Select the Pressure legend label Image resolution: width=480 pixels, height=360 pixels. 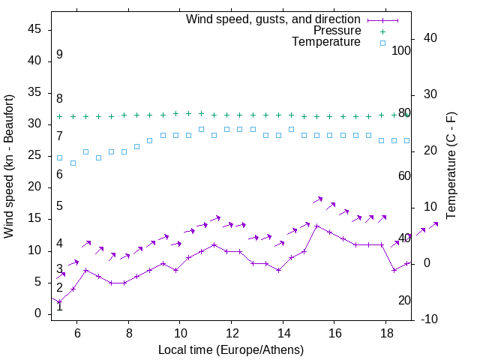(337, 31)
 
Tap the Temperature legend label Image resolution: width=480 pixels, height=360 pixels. (326, 43)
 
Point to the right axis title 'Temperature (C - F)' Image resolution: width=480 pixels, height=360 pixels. (451, 166)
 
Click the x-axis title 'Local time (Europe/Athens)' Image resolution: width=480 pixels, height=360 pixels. (231, 350)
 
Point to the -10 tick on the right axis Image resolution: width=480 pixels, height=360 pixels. (430, 319)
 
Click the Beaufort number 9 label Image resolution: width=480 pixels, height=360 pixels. (59, 55)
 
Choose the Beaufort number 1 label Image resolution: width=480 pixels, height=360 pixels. (59, 306)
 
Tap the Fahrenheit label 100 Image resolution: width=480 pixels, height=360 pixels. (402, 51)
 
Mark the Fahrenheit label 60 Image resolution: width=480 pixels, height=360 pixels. (405, 175)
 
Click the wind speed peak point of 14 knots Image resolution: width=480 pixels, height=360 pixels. (317, 226)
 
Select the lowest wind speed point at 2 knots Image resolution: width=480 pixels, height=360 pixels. (59, 301)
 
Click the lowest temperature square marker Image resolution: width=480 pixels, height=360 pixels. (73, 163)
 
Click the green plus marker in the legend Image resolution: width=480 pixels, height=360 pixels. (382, 31)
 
